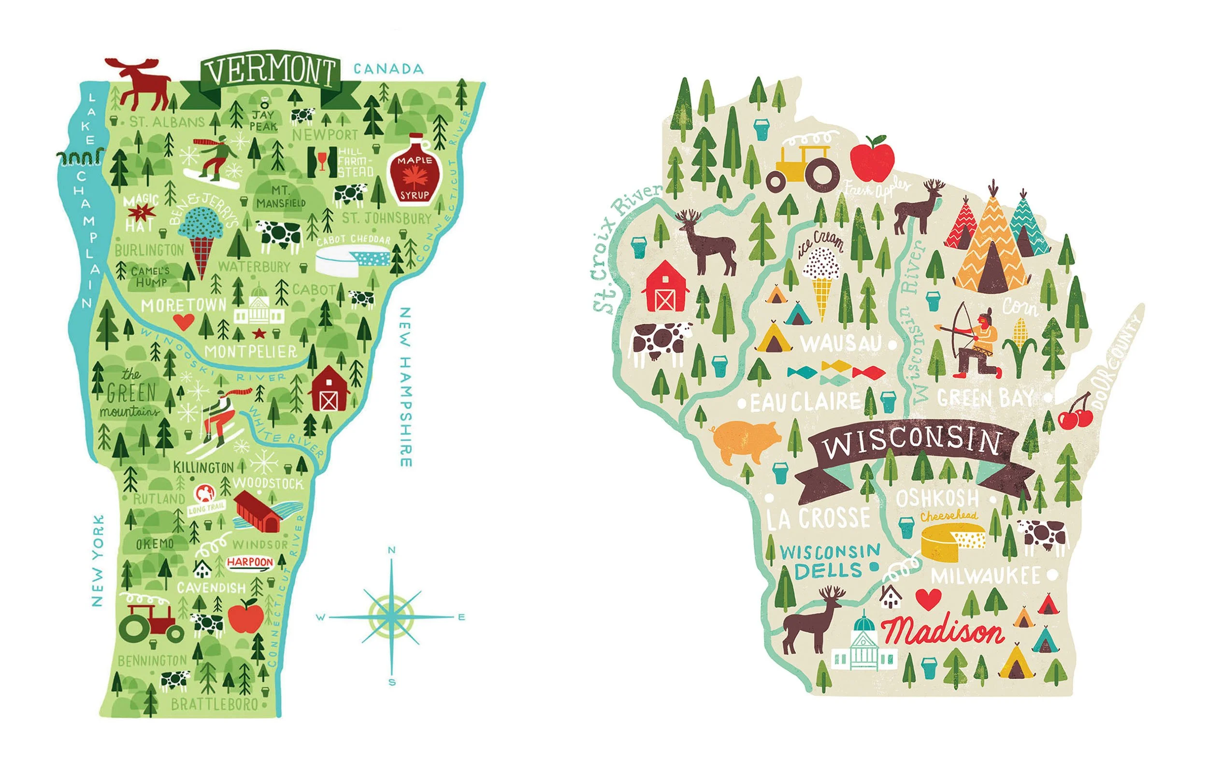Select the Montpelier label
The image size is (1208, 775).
tap(250, 351)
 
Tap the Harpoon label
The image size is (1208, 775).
tap(250, 561)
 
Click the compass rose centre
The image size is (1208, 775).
tap(391, 616)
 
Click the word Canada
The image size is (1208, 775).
tap(388, 69)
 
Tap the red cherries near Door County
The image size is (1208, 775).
tap(1076, 415)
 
